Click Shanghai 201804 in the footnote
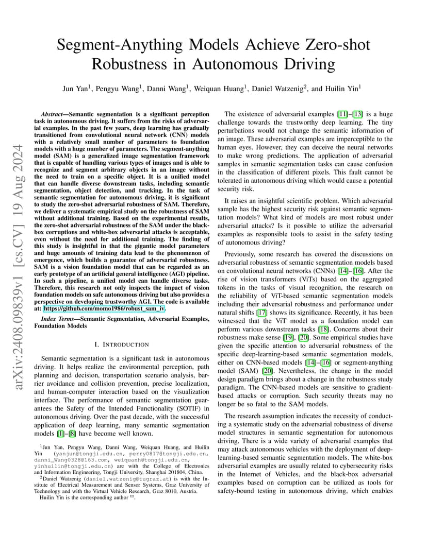[159, 471]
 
